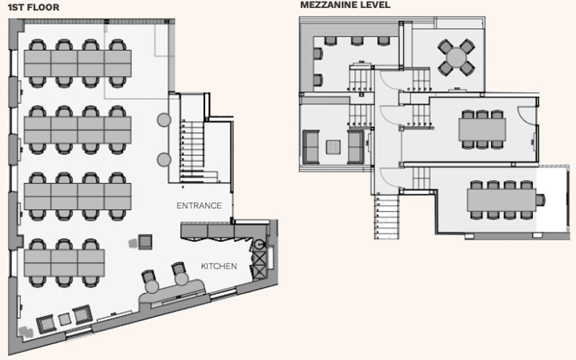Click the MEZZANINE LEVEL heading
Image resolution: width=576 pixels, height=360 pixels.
[x=346, y=6]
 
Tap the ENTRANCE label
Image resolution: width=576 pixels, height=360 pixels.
[x=199, y=206]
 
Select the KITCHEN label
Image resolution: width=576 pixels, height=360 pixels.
[x=219, y=266]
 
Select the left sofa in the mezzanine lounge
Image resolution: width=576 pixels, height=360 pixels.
[x=312, y=146]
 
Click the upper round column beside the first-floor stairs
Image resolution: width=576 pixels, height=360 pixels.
[x=164, y=120]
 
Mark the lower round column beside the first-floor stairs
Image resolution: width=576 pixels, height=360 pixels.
[x=164, y=159]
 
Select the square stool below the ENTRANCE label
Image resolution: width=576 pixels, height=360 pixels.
[x=145, y=241]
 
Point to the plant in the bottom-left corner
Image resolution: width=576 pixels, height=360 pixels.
[x=26, y=332]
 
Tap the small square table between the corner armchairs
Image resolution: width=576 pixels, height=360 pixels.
[x=63, y=318]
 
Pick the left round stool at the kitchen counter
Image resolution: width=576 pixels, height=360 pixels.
[x=151, y=287]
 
